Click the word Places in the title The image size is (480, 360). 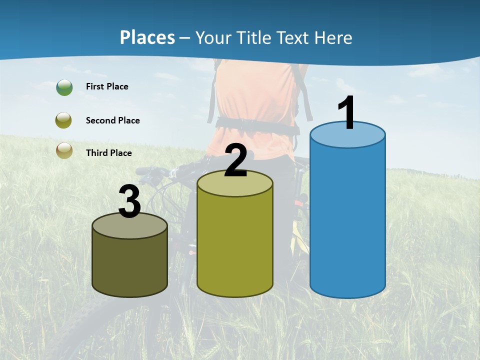pos(147,37)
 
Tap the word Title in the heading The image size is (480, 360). pos(254,37)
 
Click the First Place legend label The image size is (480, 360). pos(107,86)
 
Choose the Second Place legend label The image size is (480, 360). pos(112,120)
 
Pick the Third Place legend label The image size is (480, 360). pos(108,153)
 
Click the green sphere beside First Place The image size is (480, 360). pos(64,87)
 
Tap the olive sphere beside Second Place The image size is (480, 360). pos(64,120)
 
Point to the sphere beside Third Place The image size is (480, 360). pos(64,150)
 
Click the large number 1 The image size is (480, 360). pos(347,112)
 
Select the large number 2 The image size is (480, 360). pos(236,160)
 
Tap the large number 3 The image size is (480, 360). pos(129,201)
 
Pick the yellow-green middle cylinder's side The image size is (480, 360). pos(235,245)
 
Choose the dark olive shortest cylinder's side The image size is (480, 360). pos(129,265)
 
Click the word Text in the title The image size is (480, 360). pos(298,37)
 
